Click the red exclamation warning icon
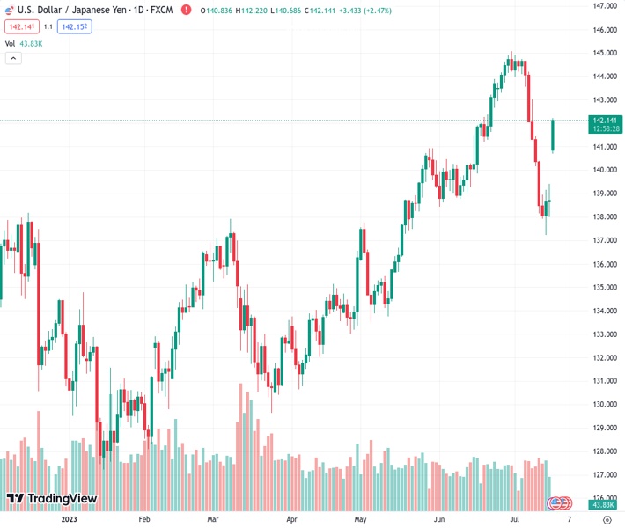(186, 10)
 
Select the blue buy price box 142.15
(74, 26)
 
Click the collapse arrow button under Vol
(13, 58)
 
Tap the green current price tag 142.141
(605, 124)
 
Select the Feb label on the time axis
(144, 519)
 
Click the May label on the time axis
(360, 519)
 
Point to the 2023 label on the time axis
(70, 519)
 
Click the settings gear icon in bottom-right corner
(607, 519)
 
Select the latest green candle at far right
(553, 135)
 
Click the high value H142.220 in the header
(255, 11)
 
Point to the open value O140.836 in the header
(217, 11)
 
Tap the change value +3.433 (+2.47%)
(360, 11)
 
